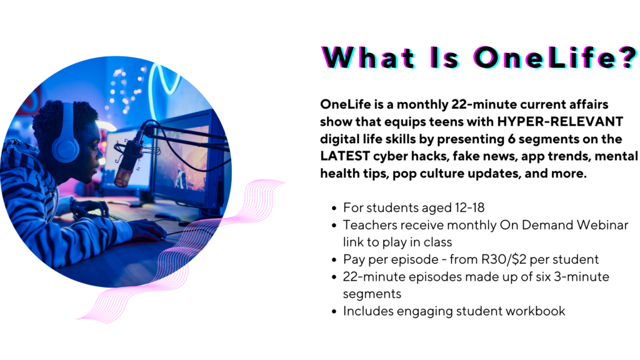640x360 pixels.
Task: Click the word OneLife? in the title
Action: pyautogui.click(x=555, y=57)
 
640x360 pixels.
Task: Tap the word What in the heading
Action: pyautogui.click(x=369, y=57)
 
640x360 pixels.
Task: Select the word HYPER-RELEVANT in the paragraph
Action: pyautogui.click(x=560, y=122)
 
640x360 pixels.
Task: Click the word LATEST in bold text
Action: pyautogui.click(x=345, y=156)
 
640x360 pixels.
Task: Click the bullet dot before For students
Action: pyautogui.click(x=334, y=209)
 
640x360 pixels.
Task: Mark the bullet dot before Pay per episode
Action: pyautogui.click(x=334, y=260)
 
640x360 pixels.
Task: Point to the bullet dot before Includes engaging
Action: pyautogui.click(x=334, y=312)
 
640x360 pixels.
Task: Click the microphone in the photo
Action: pyautogui.click(x=127, y=161)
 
